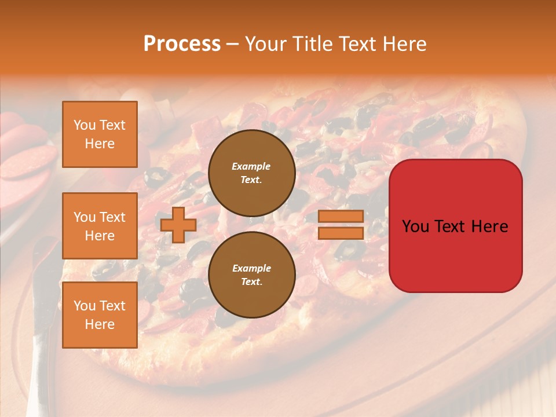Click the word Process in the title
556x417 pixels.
click(x=182, y=44)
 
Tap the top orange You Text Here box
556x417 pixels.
click(x=100, y=134)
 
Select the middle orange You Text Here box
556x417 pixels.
click(x=100, y=226)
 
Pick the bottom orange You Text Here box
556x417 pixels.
click(x=100, y=315)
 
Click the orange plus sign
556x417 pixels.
click(x=178, y=225)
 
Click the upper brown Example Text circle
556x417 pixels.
click(x=251, y=173)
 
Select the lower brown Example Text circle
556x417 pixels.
click(x=251, y=275)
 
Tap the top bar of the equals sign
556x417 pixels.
click(x=341, y=216)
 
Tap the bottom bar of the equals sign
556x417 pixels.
click(x=341, y=233)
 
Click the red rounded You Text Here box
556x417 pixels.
click(x=455, y=226)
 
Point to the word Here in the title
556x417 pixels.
click(x=403, y=44)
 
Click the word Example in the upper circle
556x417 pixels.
click(x=251, y=166)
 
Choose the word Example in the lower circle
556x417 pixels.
click(x=251, y=268)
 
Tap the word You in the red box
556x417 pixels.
click(x=416, y=226)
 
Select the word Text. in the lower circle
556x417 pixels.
click(x=251, y=282)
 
